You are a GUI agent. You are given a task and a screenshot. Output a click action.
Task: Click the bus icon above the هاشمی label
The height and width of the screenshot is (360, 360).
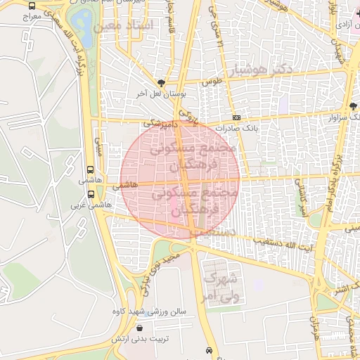click(x=89, y=169)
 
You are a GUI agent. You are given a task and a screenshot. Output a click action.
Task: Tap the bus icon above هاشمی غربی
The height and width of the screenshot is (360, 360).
click(x=91, y=194)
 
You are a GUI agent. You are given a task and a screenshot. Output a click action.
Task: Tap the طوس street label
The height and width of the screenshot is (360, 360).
click(x=211, y=82)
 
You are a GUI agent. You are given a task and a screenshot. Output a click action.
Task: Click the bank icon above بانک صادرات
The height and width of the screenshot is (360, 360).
click(x=237, y=117)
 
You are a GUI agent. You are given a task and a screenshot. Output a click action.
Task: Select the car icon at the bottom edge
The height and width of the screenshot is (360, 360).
click(x=209, y=350)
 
